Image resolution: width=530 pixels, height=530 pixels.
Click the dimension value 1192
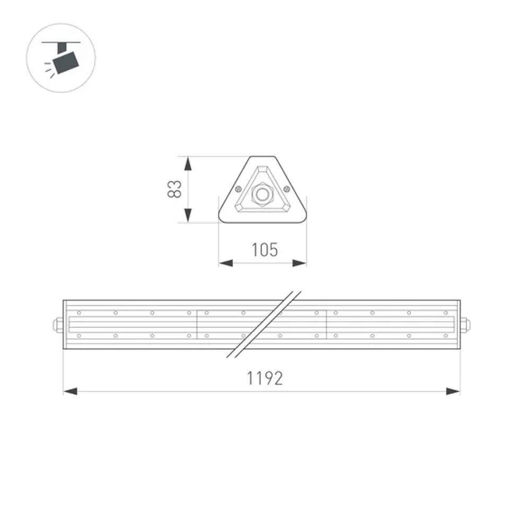click(x=264, y=378)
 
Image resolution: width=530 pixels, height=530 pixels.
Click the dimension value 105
click(x=264, y=249)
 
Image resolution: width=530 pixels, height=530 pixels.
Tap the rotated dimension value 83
click(x=175, y=189)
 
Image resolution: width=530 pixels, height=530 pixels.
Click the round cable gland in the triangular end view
click(x=262, y=195)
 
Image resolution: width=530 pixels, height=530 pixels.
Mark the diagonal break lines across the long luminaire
click(x=263, y=324)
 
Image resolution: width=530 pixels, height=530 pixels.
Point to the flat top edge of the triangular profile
click(x=262, y=157)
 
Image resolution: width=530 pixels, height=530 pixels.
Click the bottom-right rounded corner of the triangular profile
click(x=303, y=218)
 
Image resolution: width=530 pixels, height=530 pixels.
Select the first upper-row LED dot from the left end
click(x=78, y=313)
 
